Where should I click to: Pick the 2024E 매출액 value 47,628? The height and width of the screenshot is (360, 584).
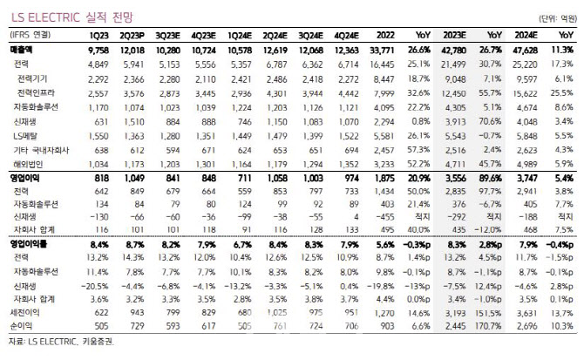pos(533,51)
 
